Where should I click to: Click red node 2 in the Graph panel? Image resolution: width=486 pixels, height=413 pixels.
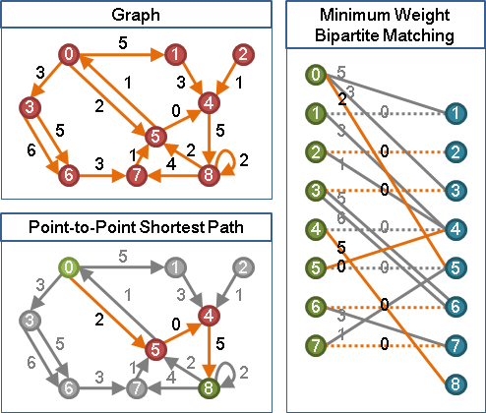click(243, 54)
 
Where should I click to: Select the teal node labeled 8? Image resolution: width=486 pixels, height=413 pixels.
click(456, 384)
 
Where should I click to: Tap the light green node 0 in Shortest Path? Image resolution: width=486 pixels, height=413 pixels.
click(69, 267)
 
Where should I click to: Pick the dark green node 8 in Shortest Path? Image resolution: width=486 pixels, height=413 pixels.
click(209, 388)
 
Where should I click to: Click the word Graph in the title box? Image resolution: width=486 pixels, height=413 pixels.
click(136, 15)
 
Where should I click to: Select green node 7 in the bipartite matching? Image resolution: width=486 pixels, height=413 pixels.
click(316, 345)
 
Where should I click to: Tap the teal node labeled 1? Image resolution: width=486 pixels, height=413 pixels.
click(456, 113)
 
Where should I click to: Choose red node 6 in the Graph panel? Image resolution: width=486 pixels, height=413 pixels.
click(69, 175)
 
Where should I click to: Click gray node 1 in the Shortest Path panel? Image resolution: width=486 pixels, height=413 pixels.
click(175, 267)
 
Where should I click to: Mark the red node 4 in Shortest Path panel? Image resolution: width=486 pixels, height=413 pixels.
click(209, 316)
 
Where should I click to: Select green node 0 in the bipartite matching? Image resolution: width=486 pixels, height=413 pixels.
click(316, 75)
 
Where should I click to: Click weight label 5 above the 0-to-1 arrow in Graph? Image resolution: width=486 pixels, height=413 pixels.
click(123, 43)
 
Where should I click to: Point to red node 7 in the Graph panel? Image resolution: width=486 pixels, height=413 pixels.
click(137, 175)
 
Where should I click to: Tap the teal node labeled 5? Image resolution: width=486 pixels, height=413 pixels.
click(456, 267)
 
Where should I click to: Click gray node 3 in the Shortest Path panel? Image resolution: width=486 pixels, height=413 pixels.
click(30, 320)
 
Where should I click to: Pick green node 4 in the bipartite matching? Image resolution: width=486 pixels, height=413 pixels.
click(316, 229)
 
